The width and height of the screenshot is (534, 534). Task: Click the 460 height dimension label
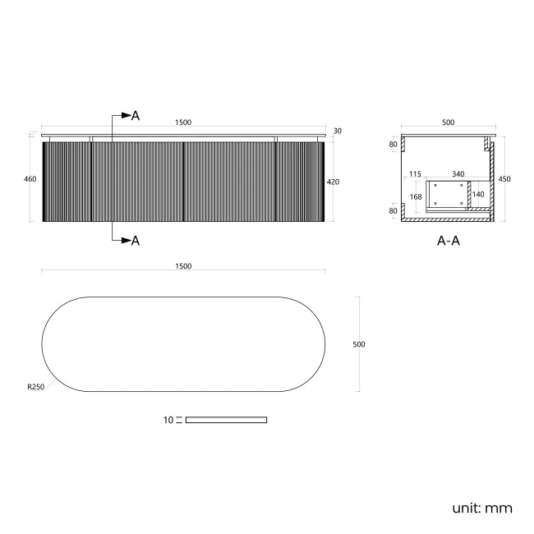(x=30, y=179)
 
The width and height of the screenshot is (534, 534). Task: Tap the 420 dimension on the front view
(x=333, y=182)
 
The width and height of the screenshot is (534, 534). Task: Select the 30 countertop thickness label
(x=337, y=131)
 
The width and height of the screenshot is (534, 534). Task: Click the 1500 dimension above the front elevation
(x=183, y=122)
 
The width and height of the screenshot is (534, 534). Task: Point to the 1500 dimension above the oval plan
(x=183, y=266)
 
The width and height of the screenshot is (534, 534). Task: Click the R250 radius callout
(x=36, y=387)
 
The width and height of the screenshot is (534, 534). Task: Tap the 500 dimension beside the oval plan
(x=359, y=344)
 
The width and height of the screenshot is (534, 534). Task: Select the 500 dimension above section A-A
(x=449, y=122)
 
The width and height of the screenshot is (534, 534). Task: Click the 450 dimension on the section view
(x=504, y=179)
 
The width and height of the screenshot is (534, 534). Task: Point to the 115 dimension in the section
(x=415, y=174)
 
